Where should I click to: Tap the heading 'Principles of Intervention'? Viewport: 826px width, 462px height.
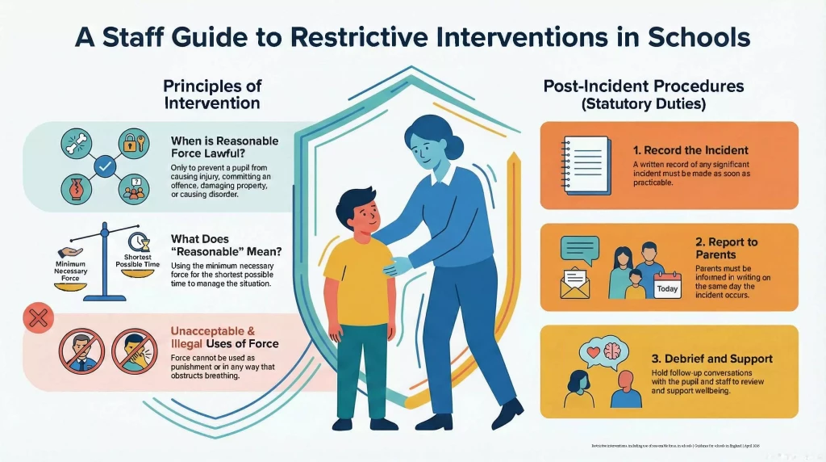[x=212, y=94]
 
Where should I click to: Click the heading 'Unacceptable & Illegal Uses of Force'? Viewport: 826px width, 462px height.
[x=224, y=338]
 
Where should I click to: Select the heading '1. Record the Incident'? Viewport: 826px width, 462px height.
[x=691, y=149]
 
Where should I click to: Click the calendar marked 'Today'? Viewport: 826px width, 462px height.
[x=667, y=284]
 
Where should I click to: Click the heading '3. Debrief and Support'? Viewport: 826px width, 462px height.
[x=711, y=359]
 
